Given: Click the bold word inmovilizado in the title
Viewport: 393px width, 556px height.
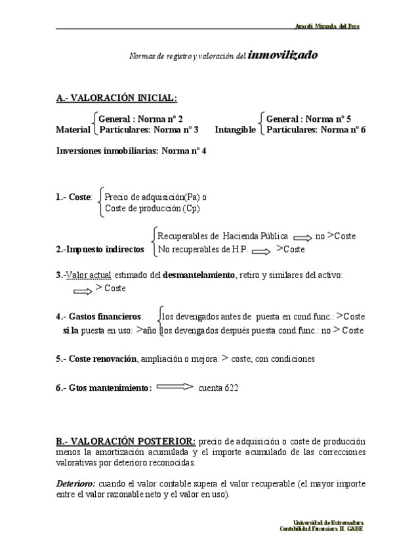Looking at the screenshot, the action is click(x=283, y=55).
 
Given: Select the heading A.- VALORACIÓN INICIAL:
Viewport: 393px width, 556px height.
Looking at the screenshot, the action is click(x=116, y=98).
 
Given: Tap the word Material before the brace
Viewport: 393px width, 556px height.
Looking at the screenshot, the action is click(x=73, y=130).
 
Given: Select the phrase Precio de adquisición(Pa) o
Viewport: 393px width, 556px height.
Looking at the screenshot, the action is click(x=156, y=196).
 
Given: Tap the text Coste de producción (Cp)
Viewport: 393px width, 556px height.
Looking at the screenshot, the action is click(x=152, y=208).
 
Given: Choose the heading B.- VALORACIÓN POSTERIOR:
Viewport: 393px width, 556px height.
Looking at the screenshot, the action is click(x=125, y=441).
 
